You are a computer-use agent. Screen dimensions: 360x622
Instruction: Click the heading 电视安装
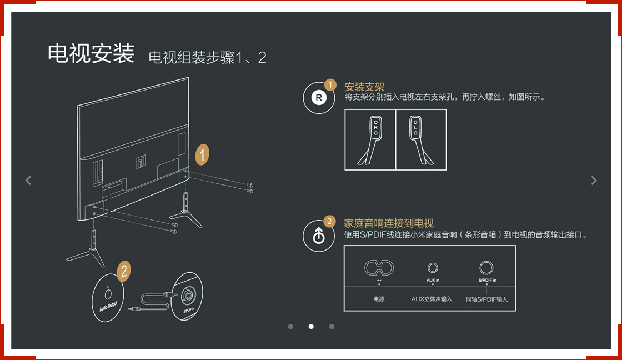[x=91, y=54]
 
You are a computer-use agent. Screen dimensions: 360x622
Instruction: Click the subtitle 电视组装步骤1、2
[x=207, y=57]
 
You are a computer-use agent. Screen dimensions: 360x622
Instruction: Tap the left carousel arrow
[x=28, y=180]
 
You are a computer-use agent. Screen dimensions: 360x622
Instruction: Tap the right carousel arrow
[x=594, y=180]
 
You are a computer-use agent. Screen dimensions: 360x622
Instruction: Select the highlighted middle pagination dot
[x=311, y=327]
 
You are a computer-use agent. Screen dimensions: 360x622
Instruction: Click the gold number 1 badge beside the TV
[x=203, y=155]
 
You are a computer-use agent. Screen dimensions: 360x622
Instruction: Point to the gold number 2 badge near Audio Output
[x=124, y=271]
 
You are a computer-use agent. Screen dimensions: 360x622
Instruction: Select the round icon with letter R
[x=318, y=98]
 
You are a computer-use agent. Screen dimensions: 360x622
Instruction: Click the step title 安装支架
[x=364, y=87]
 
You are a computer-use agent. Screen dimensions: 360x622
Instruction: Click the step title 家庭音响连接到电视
[x=389, y=223]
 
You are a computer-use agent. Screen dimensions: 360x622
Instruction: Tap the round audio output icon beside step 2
[x=318, y=236]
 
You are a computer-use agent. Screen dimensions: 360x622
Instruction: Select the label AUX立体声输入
[x=432, y=299]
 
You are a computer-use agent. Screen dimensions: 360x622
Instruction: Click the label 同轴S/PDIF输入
[x=486, y=299]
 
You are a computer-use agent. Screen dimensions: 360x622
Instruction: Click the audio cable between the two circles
[x=150, y=301]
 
